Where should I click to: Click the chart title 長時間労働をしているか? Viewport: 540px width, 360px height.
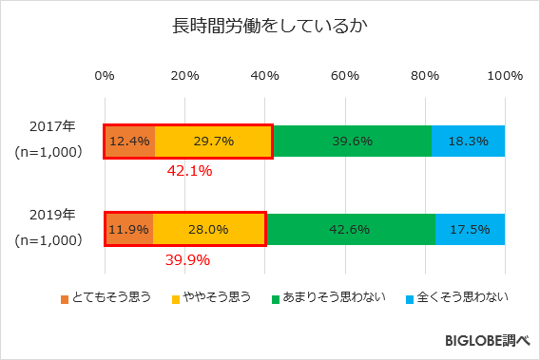[269, 26]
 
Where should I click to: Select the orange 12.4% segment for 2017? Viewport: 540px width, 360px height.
[129, 141]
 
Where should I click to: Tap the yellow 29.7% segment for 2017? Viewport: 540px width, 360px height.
[213, 141]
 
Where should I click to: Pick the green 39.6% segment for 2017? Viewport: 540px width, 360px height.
[351, 141]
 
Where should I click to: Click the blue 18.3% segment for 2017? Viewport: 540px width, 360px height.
[468, 141]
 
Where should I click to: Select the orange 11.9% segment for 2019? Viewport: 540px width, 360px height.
[128, 229]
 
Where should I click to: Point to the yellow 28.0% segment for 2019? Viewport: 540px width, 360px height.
[208, 229]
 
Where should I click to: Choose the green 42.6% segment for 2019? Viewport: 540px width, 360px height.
[351, 229]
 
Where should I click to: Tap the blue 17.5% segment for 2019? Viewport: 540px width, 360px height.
[470, 229]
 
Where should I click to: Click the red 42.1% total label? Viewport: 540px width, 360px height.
[189, 172]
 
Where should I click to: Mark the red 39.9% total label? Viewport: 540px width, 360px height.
[187, 259]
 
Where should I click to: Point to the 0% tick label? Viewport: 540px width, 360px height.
[105, 76]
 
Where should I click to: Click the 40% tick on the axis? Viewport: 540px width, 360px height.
[264, 76]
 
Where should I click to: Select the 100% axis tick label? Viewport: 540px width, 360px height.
[505, 76]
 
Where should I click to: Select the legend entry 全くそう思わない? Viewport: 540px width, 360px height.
[456, 299]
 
